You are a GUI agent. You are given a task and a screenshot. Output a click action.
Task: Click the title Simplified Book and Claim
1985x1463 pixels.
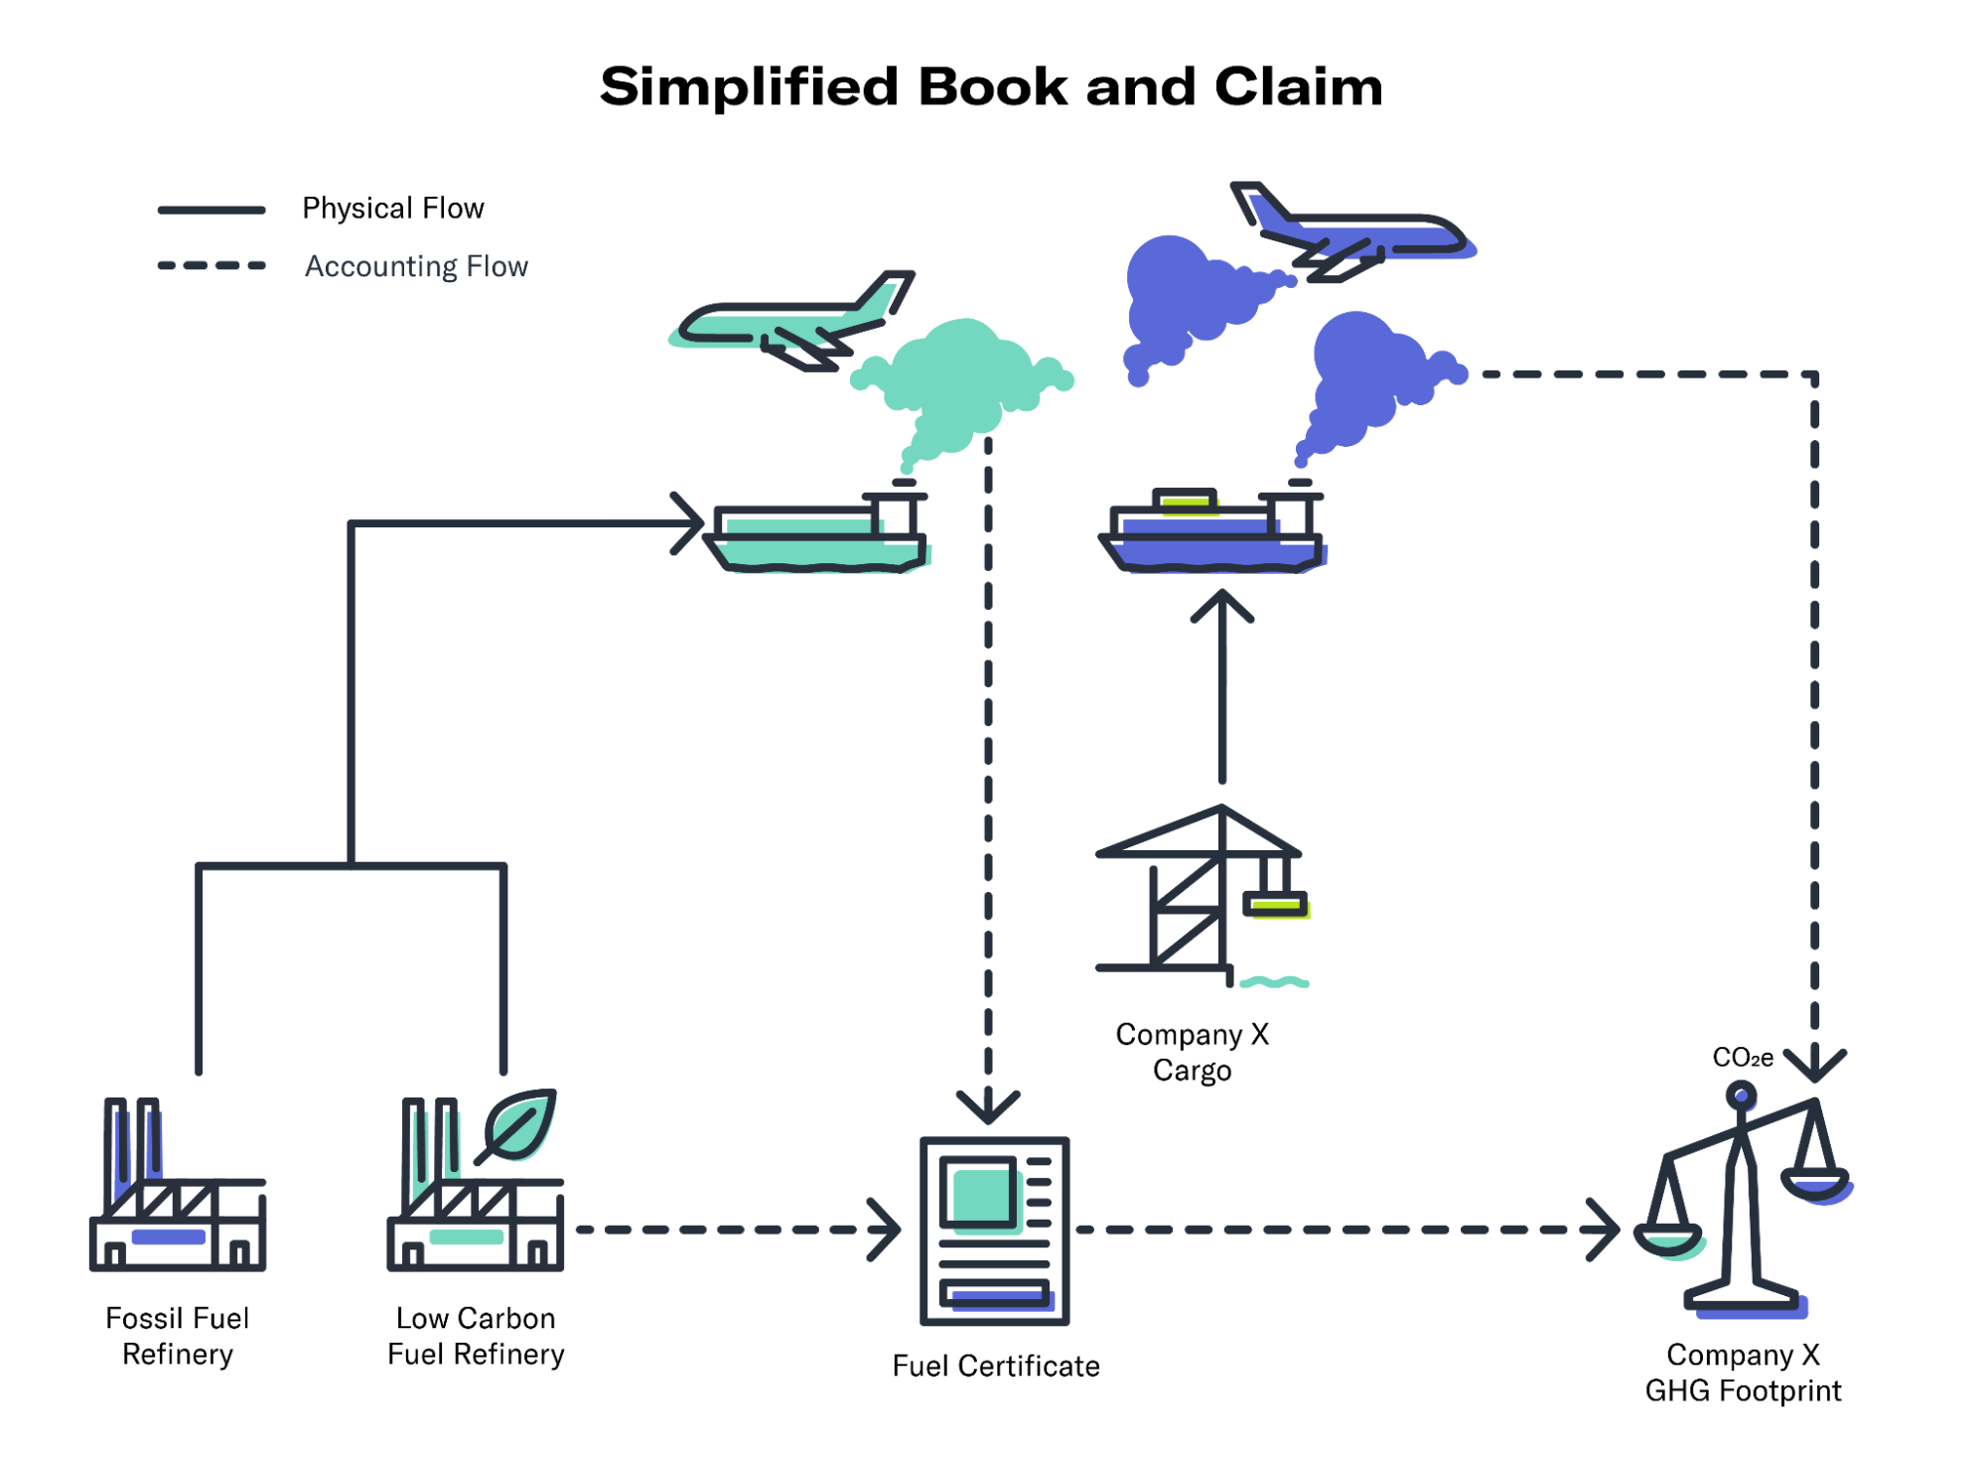991,86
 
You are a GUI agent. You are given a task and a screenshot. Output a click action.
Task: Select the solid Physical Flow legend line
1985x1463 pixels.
212,210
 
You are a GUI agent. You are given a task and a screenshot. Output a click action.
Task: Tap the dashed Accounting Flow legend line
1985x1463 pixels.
212,265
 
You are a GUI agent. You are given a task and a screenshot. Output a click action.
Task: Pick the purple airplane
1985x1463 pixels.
1350,234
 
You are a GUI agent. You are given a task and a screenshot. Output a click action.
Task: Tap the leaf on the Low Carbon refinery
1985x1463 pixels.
520,1124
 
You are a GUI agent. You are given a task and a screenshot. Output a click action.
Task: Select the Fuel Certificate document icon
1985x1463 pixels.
994,1231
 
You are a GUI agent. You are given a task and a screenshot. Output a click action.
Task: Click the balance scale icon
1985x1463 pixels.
1744,1202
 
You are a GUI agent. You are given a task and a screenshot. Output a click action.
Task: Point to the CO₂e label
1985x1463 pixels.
1743,1058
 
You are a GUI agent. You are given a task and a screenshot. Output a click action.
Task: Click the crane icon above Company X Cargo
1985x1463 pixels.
1197,894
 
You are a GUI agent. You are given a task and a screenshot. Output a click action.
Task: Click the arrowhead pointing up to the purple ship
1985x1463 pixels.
1222,601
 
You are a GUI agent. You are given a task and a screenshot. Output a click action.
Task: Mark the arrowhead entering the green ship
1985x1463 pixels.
691,522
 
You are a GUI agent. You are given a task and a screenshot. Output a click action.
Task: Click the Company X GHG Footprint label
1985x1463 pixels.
1743,1373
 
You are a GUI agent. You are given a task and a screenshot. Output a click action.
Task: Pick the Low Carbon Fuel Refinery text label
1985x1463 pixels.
476,1336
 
